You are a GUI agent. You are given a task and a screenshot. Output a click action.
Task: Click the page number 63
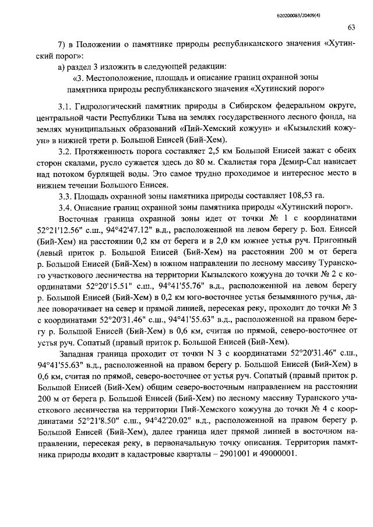point(351,27)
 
